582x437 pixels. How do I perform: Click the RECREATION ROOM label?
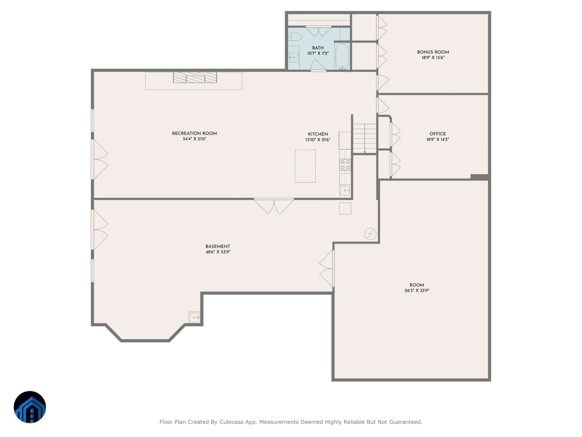coord(194,133)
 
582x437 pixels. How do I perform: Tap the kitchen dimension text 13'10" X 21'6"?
coord(318,140)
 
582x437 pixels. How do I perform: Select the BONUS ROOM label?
coord(433,52)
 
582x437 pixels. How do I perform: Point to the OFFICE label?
coord(437,134)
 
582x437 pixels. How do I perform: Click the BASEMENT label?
coord(218,246)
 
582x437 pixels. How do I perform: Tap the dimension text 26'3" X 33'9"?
coord(417,290)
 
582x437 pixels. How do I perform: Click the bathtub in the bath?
coord(342,57)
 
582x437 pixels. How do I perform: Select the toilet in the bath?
coord(295,37)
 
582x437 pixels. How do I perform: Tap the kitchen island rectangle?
coord(305,166)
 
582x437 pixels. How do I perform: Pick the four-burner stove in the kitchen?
coord(345,165)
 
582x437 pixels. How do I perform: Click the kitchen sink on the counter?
coord(345,191)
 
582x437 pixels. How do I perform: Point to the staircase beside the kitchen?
coord(365,139)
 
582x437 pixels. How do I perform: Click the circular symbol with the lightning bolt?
coord(370,234)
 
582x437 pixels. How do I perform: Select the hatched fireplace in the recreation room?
coord(195,77)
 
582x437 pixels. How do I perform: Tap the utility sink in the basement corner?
coord(194,317)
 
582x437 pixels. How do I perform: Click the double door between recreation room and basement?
coord(274,206)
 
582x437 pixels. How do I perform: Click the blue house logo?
coord(30,407)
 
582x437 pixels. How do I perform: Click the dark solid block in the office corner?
coord(479,177)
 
